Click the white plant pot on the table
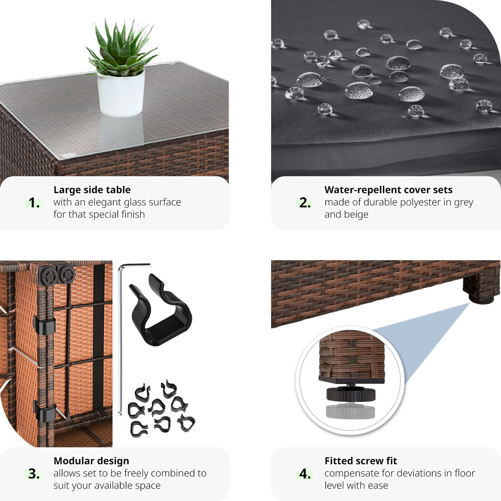120,93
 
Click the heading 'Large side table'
92,190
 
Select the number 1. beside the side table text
34,203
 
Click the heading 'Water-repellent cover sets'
388,190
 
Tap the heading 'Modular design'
91,461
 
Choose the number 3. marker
34,474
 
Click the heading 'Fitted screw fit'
361,461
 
